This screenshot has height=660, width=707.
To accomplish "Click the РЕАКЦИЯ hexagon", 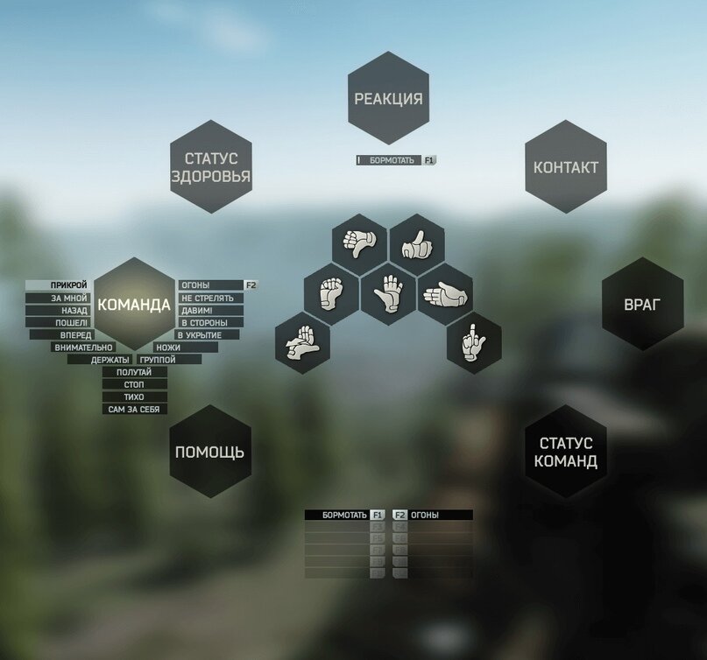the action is click(388, 98).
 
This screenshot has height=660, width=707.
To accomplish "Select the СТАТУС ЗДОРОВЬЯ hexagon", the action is click(210, 167).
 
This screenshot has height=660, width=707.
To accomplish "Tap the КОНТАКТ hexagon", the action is click(566, 167).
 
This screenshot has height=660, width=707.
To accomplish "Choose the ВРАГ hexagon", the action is click(642, 305).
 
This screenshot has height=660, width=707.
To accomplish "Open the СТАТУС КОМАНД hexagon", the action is click(566, 453).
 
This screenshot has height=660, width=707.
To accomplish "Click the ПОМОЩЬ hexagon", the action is click(210, 453).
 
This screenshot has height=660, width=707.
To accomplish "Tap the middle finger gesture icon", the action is click(474, 342).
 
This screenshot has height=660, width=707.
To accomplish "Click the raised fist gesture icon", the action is click(331, 293).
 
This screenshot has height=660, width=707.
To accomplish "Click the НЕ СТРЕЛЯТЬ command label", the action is click(209, 298).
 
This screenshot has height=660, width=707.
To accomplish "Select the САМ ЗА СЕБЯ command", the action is click(135, 410).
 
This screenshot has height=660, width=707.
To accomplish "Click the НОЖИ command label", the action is click(168, 348).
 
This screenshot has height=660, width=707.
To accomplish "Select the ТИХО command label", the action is click(135, 397).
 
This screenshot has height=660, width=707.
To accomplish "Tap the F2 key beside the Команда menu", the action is click(251, 285).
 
